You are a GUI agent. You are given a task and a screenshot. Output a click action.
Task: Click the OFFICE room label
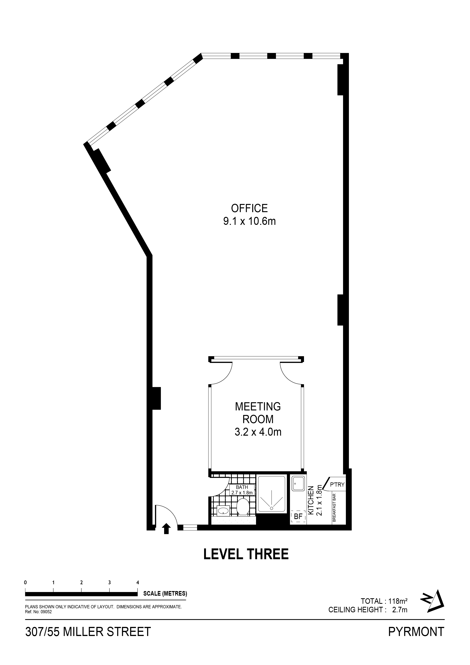(x=249, y=208)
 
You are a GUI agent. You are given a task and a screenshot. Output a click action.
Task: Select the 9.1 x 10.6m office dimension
(x=249, y=222)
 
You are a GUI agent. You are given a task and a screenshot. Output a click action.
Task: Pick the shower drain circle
(x=272, y=508)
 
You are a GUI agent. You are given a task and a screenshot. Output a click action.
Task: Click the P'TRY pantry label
(x=337, y=484)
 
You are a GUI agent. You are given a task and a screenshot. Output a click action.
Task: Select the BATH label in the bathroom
(x=242, y=487)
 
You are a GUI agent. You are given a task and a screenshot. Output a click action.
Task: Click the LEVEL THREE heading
(x=246, y=554)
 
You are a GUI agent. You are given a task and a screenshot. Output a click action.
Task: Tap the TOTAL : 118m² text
(x=384, y=601)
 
